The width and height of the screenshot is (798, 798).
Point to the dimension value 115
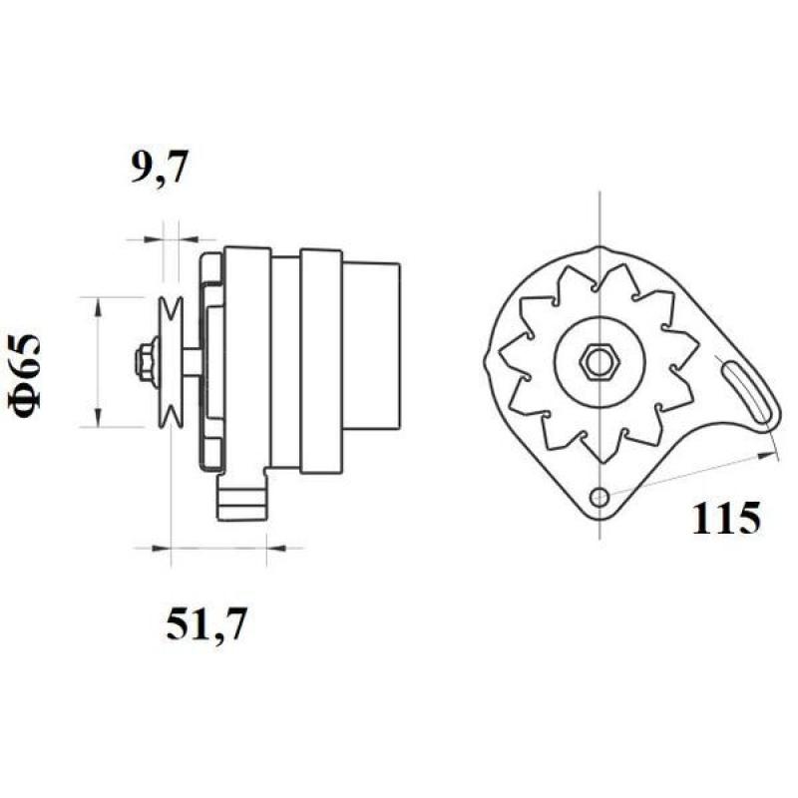725,518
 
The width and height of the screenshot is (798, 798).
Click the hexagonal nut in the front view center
599,361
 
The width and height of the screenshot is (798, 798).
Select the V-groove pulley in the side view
172,361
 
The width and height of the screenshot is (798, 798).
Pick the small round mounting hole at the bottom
598,497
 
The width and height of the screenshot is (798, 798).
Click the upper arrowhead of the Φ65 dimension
98,305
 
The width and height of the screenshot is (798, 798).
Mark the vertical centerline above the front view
598,214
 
